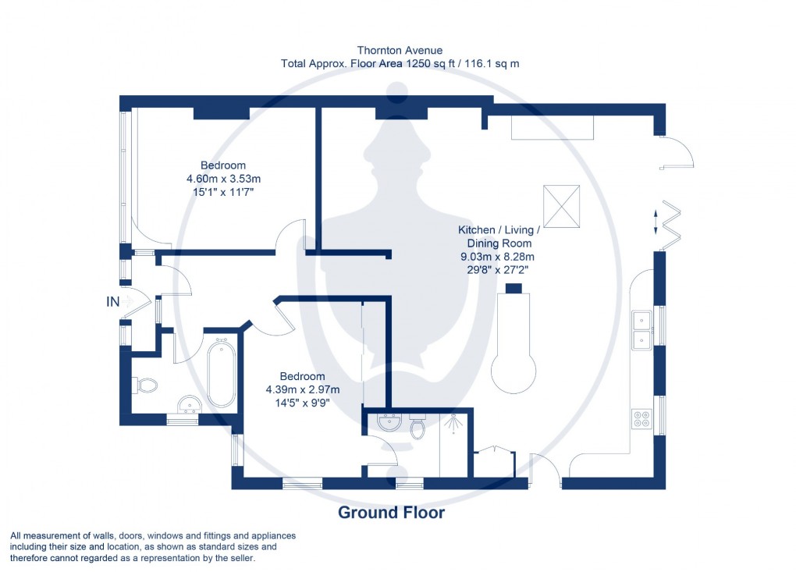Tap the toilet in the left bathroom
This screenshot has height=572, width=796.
pyautogui.click(x=146, y=384)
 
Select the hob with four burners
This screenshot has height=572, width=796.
pyautogui.click(x=641, y=419)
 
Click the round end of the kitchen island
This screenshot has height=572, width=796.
pyautogui.click(x=513, y=371)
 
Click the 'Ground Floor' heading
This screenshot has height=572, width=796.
pyautogui.click(x=391, y=513)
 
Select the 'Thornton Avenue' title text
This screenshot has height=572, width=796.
pyautogui.click(x=400, y=51)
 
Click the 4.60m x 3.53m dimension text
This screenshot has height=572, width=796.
pyautogui.click(x=223, y=178)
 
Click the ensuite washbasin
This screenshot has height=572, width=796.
pyautogui.click(x=388, y=422)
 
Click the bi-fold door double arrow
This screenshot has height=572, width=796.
pyautogui.click(x=656, y=221)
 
